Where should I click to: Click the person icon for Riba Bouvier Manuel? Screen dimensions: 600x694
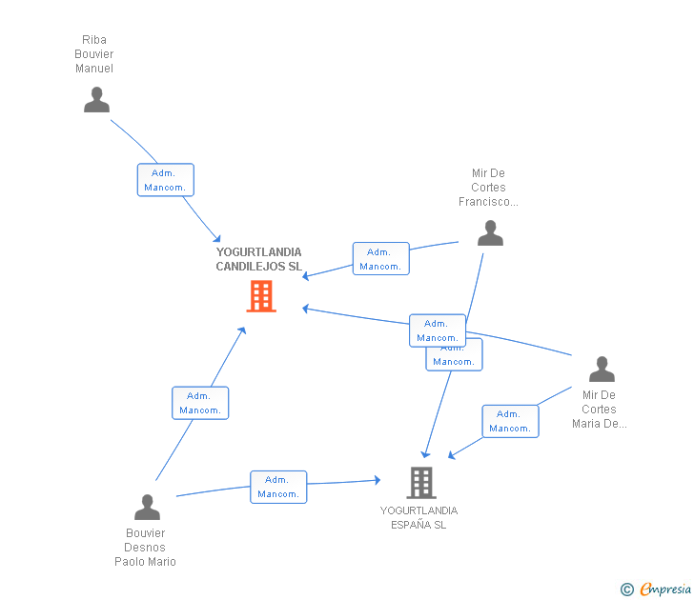[x=96, y=100]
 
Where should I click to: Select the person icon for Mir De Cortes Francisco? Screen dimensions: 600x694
[x=490, y=233]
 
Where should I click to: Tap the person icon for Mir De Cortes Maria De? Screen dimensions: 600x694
[x=602, y=370]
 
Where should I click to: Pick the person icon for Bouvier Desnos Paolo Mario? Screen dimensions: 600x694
[x=147, y=507]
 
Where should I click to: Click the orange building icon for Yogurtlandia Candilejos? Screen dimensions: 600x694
[x=260, y=296]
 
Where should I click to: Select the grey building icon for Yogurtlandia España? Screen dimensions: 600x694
[x=420, y=483]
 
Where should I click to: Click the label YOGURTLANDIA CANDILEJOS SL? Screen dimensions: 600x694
[x=258, y=259]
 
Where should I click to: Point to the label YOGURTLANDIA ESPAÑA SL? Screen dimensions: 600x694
[x=418, y=518]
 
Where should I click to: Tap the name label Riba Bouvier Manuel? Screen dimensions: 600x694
[x=94, y=54]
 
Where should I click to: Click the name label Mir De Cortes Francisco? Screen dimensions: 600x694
[x=488, y=188]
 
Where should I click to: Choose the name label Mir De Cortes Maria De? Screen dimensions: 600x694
[x=600, y=410]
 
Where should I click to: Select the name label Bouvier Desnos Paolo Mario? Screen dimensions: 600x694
[x=145, y=548]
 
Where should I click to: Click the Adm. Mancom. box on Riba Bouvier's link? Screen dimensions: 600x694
[x=165, y=180]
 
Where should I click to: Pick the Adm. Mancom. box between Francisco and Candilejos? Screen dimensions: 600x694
[x=380, y=259]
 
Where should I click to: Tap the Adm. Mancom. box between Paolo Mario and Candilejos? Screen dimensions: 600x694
[x=200, y=403]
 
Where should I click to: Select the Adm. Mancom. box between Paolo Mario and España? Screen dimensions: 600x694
[x=278, y=487]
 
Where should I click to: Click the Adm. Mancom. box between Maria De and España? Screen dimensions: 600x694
[x=510, y=421]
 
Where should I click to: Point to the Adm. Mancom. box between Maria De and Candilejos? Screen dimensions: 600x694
[x=438, y=330]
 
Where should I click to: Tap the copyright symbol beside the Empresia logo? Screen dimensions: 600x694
[x=627, y=590]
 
